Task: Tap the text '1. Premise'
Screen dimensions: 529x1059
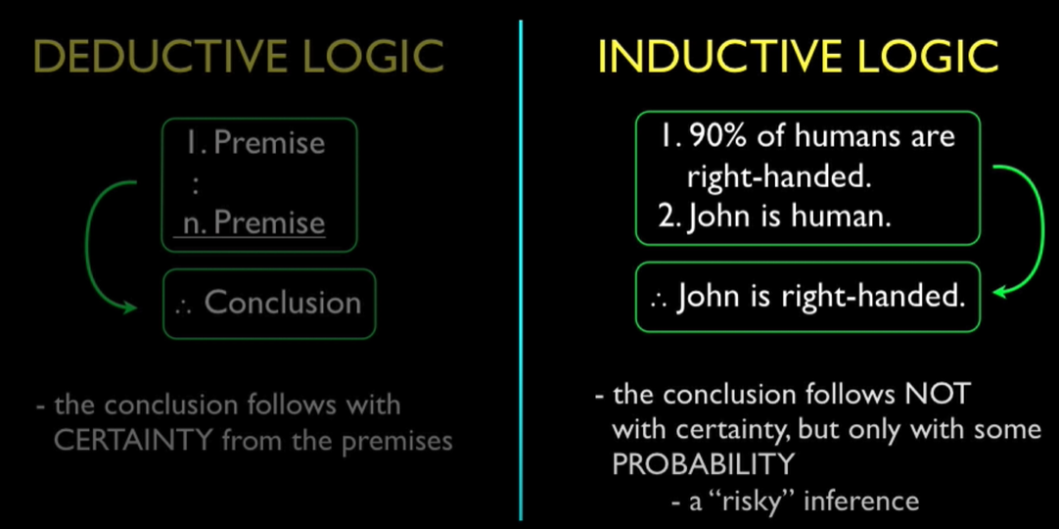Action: [254, 143]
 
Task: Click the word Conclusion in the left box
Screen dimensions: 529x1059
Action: [283, 303]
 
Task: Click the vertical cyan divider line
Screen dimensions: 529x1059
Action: [520, 264]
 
